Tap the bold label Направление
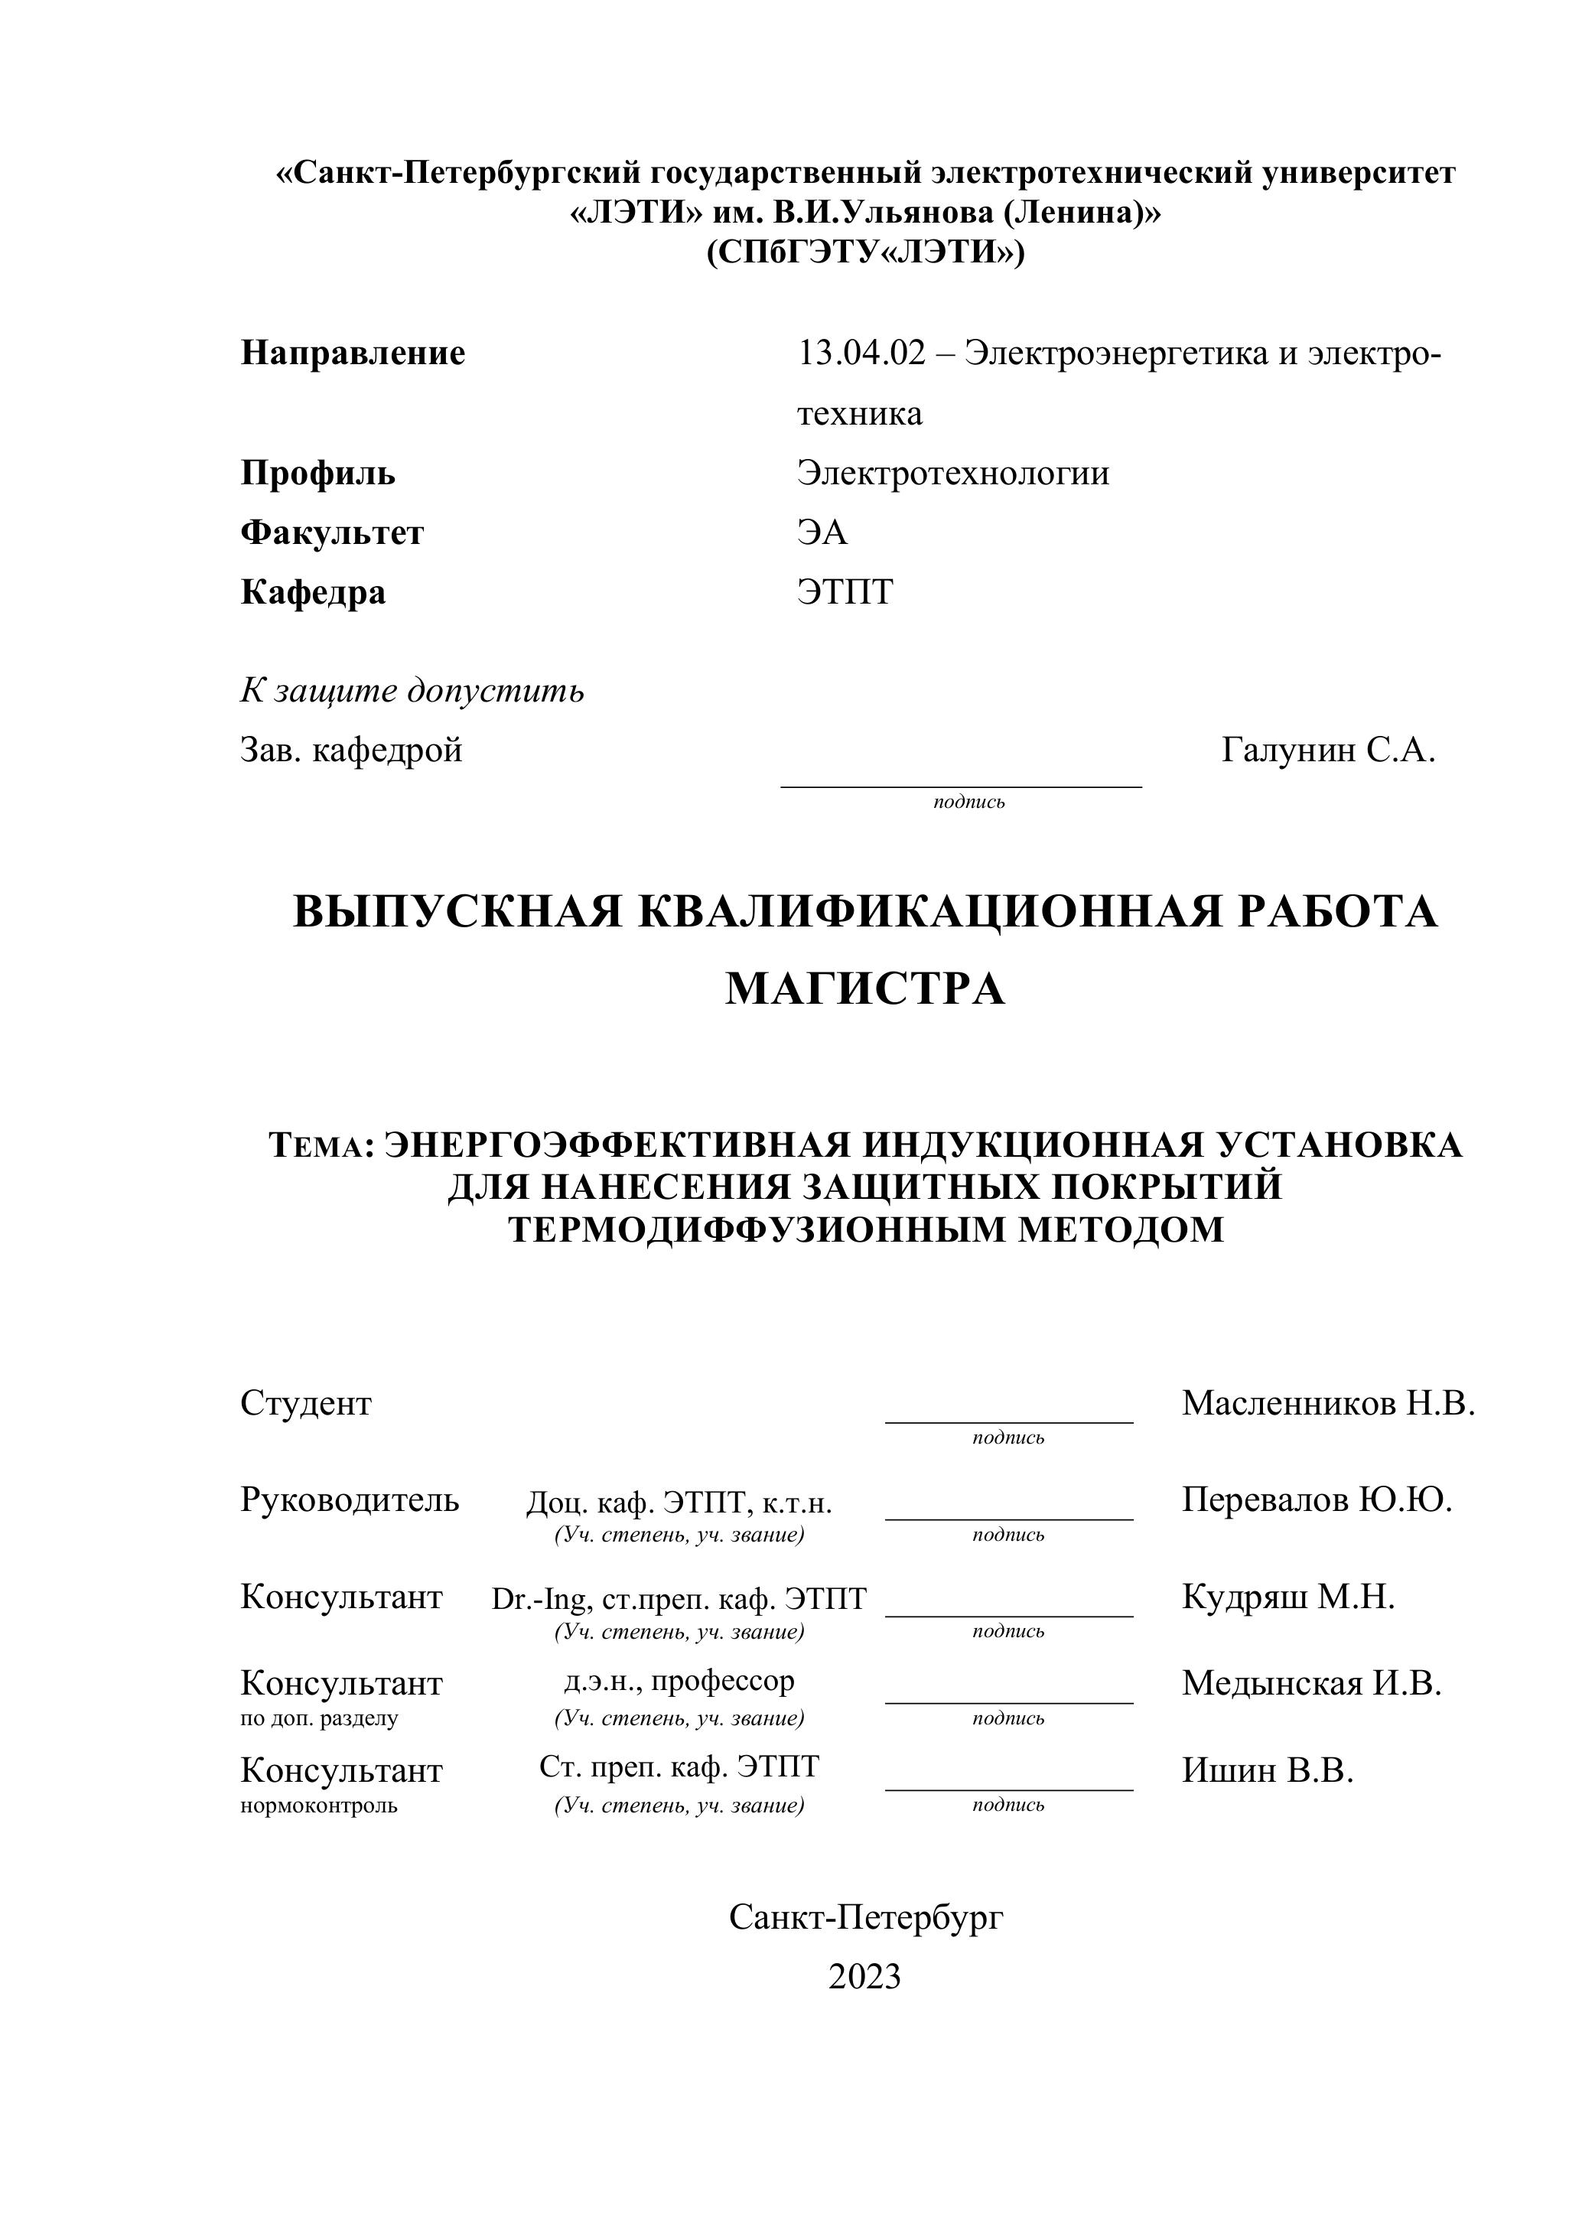pyautogui.click(x=353, y=353)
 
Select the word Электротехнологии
pyautogui.click(x=952, y=474)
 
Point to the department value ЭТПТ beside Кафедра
pyautogui.click(x=845, y=591)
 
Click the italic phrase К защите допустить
pyautogui.click(x=412, y=690)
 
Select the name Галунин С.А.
pyautogui.click(x=1328, y=751)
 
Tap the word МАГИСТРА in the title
pyautogui.click(x=865, y=989)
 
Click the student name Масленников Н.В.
pyautogui.click(x=1328, y=1403)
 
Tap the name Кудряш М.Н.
pyautogui.click(x=1287, y=1596)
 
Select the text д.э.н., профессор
pyautogui.click(x=679, y=1680)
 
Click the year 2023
pyautogui.click(x=864, y=1976)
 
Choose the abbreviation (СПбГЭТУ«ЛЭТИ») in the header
pyautogui.click(x=865, y=252)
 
